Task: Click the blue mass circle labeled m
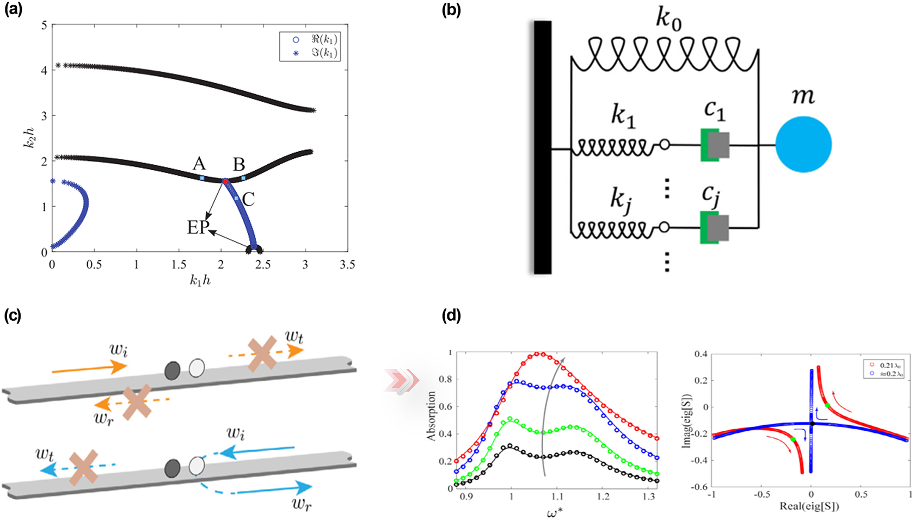coord(803,145)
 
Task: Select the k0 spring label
coord(668,19)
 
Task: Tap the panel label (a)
coord(13,10)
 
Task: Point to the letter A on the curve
coord(199,163)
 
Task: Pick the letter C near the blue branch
coord(248,199)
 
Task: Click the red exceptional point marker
coord(225,181)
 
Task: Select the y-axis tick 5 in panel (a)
coord(44,25)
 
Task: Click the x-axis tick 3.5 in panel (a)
coord(347,265)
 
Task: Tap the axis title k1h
coord(200,281)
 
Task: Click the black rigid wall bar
coord(542,147)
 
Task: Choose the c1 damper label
coord(714,110)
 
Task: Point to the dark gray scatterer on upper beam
coord(173,370)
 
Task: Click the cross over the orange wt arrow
coord(263,354)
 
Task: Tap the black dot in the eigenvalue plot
coord(812,423)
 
